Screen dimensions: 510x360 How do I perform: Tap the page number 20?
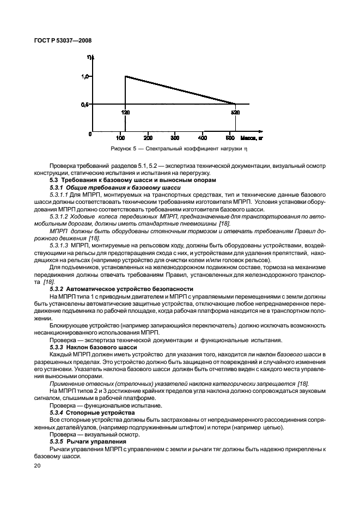click(x=37, y=465)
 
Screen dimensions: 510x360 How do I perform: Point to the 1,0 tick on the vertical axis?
click(x=86, y=77)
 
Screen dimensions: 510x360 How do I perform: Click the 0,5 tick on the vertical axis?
click(x=86, y=104)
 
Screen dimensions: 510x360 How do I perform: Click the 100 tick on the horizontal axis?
click(x=119, y=138)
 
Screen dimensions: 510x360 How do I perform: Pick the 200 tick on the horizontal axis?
click(x=148, y=138)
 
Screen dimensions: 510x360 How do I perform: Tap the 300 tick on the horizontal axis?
click(x=176, y=138)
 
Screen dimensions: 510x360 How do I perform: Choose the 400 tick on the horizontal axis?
click(x=204, y=138)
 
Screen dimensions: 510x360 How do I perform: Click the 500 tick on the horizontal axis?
click(x=233, y=138)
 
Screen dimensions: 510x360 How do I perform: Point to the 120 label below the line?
click(x=125, y=112)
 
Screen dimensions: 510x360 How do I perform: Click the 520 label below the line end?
click(x=236, y=112)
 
